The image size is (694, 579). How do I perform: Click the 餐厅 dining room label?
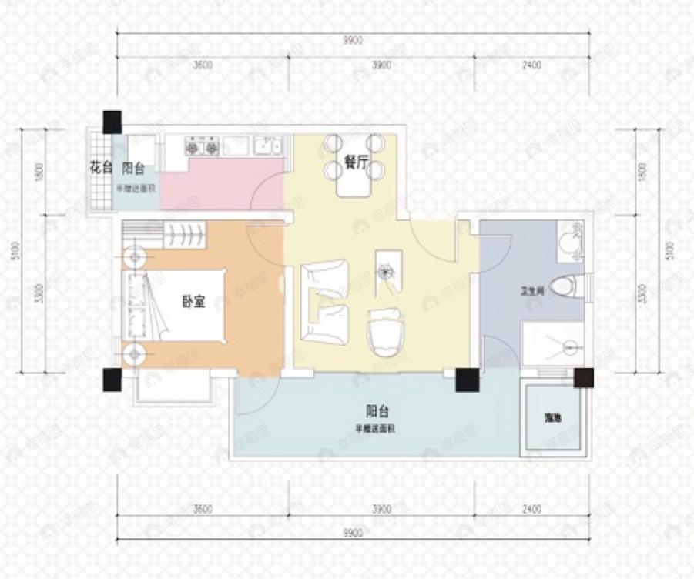pyautogui.click(x=354, y=163)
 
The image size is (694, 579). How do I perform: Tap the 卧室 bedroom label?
pyautogui.click(x=193, y=303)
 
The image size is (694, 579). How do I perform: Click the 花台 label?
pyautogui.click(x=101, y=168)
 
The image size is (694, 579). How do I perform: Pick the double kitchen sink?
pyautogui.click(x=268, y=145)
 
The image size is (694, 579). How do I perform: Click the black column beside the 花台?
pyautogui.click(x=112, y=121)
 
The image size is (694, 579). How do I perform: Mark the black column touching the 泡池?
pyautogui.click(x=584, y=378)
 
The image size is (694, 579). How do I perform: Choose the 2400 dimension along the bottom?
pyautogui.click(x=531, y=509)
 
